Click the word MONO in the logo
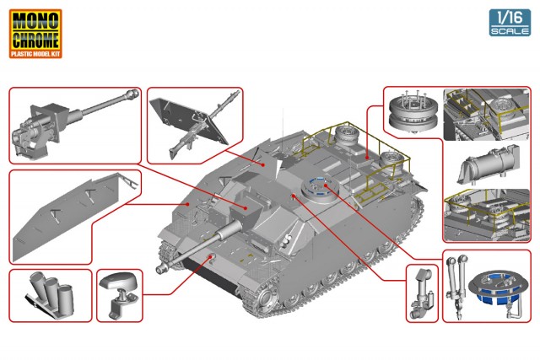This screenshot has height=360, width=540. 35,20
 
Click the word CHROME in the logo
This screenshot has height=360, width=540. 35,40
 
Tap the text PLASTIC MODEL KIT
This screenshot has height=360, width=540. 35,53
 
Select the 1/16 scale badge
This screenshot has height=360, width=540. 510,23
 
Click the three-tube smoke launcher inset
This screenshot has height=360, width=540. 51,294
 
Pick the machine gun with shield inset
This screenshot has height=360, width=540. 195,126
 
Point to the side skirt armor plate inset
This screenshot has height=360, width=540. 74,216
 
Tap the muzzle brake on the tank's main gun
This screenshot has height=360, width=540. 163,268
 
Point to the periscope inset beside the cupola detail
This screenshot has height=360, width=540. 422,293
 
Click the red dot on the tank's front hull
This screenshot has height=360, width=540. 210,257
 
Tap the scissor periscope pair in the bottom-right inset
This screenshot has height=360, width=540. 456,282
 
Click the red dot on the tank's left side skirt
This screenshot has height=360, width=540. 187,204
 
